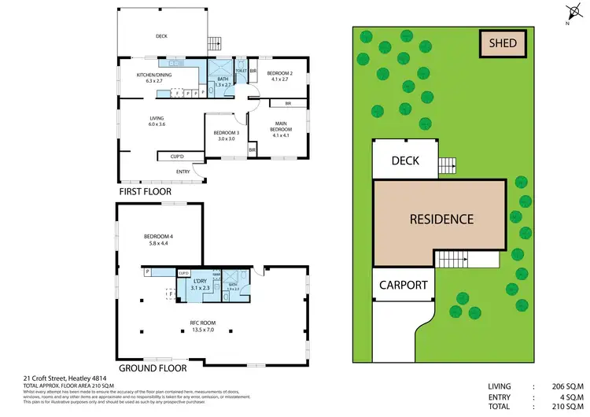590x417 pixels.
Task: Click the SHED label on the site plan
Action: [x=503, y=42]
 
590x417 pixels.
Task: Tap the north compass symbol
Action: [x=572, y=12]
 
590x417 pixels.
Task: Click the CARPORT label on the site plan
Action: [x=403, y=285]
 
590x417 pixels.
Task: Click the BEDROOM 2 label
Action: [x=281, y=76]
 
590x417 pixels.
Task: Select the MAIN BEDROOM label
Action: [x=281, y=125]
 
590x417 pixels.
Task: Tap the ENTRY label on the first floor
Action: [x=183, y=172]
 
